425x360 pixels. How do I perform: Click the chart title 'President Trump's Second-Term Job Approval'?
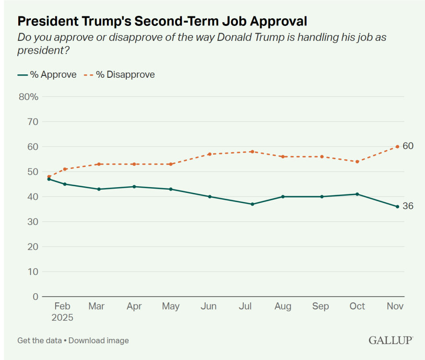(162, 22)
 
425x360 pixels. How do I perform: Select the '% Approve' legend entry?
(47, 74)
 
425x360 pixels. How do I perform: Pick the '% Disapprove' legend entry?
(119, 74)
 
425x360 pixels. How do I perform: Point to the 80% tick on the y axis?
(28, 96)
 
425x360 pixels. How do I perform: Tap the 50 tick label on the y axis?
(33, 171)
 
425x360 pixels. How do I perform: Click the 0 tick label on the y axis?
(35, 297)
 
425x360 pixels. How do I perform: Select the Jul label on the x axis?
(246, 306)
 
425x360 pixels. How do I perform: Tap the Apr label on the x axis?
(134, 306)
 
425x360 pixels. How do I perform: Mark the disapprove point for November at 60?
(397, 146)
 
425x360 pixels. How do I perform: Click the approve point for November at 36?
(397, 206)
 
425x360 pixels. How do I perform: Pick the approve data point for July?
(252, 204)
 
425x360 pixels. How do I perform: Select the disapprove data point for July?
(252, 152)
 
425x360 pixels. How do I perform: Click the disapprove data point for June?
(210, 154)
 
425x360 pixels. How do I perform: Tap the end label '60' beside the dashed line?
(408, 146)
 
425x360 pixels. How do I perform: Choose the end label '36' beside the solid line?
(408, 206)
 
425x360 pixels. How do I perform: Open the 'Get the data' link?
(39, 340)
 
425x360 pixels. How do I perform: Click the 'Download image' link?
(99, 340)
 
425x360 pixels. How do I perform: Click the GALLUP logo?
(390, 340)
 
